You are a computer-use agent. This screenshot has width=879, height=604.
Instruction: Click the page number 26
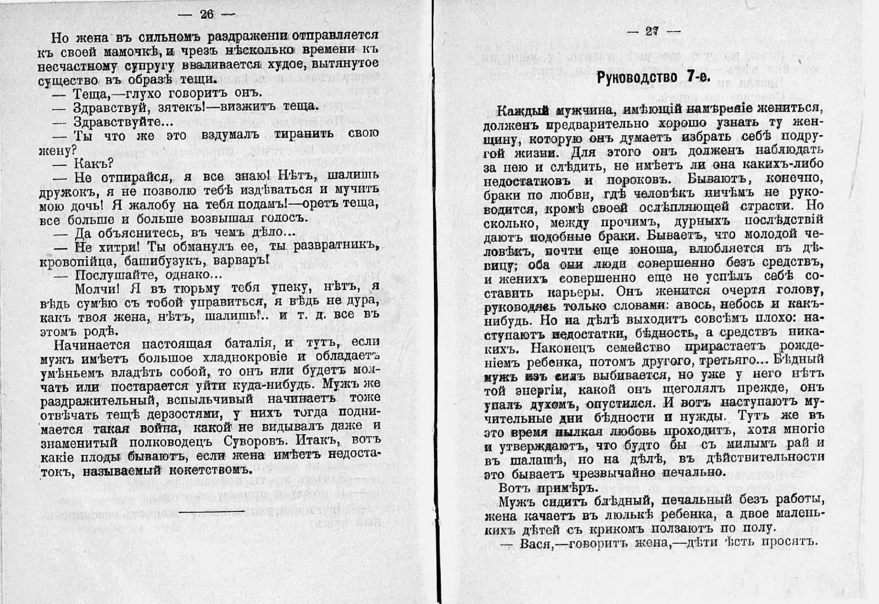coord(207,14)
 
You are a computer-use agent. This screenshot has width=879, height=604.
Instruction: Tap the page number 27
coord(652,31)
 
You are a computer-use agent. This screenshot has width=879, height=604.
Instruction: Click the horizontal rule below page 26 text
coord(212,511)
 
